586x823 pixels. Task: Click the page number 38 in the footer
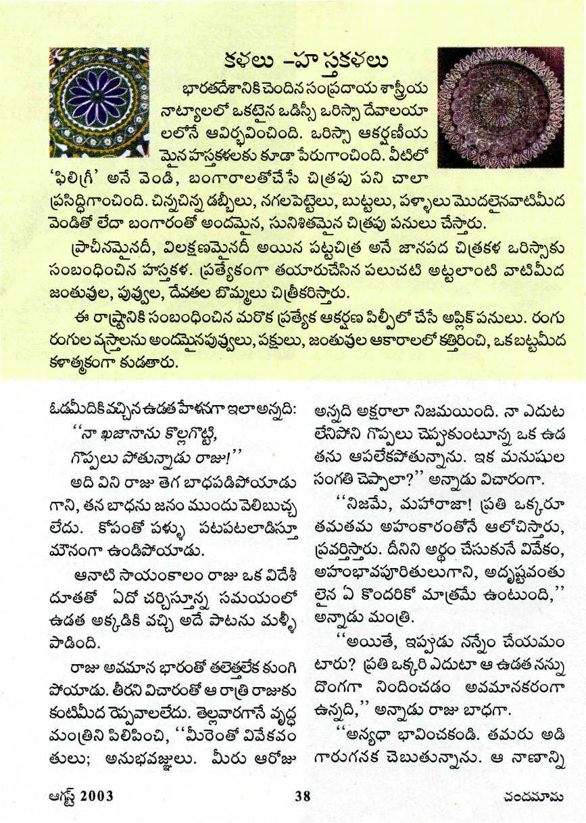[302, 796]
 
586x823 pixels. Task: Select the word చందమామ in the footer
[541, 796]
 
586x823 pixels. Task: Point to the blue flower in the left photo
[99, 101]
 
